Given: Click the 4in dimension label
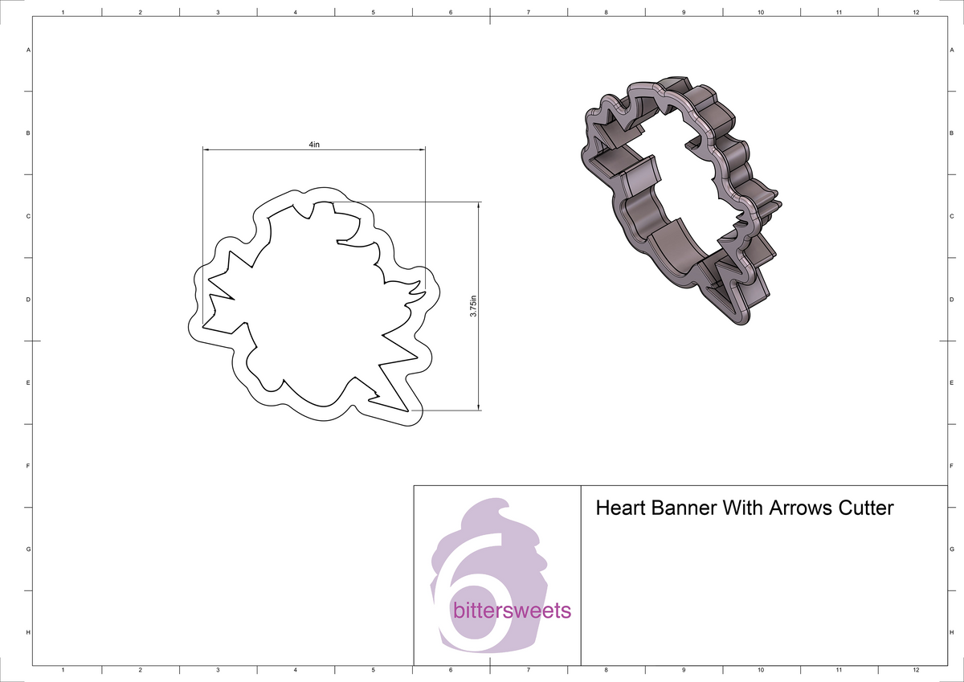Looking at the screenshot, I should (x=313, y=145).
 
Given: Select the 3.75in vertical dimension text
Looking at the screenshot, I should (x=474, y=306).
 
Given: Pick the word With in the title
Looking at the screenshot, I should (x=744, y=508).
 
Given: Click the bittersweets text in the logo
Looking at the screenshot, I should (x=512, y=611).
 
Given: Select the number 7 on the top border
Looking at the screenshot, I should (x=528, y=13).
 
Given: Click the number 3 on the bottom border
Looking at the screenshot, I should (x=218, y=670).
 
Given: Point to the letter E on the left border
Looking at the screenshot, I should (x=29, y=383).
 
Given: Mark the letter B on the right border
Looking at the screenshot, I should (x=951, y=133).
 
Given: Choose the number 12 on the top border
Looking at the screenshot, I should (x=916, y=13).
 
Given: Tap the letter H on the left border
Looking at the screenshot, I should (x=29, y=633).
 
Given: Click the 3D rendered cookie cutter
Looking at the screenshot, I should (x=683, y=201).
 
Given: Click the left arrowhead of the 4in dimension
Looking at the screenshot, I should (x=206, y=149).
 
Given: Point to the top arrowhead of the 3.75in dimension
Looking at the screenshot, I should (x=479, y=206).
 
